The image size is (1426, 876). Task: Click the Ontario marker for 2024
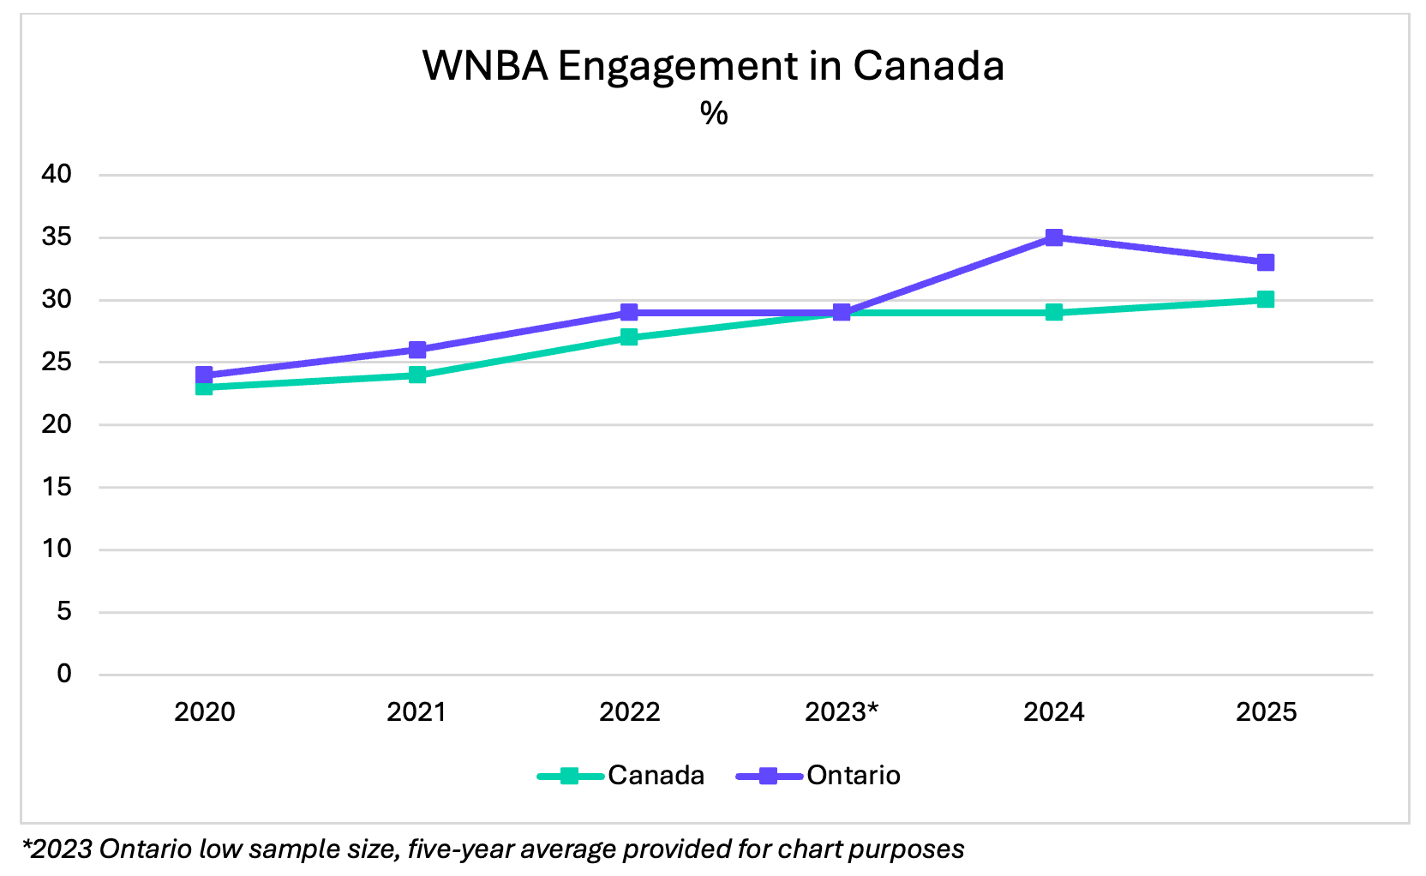click(1054, 237)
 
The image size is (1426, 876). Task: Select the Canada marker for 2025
click(1265, 299)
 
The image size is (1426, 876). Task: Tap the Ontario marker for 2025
click(1265, 262)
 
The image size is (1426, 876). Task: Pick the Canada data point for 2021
click(417, 375)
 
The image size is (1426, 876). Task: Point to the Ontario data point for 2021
click(417, 350)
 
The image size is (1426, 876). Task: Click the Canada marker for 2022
click(629, 337)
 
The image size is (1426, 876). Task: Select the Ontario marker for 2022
click(629, 312)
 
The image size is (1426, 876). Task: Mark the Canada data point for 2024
click(1054, 312)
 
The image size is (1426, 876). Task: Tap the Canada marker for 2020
click(204, 387)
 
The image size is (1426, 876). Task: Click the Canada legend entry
click(621, 776)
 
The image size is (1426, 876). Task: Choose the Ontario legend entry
click(818, 776)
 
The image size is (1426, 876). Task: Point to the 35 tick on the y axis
click(57, 237)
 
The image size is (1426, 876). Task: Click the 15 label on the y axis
click(57, 487)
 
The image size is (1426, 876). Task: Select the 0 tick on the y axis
click(64, 675)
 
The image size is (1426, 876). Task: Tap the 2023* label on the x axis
click(842, 712)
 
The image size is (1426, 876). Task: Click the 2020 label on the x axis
click(204, 712)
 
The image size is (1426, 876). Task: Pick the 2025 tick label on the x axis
click(1266, 712)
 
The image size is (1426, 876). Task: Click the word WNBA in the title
click(485, 66)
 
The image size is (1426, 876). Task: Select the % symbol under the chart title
click(713, 113)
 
